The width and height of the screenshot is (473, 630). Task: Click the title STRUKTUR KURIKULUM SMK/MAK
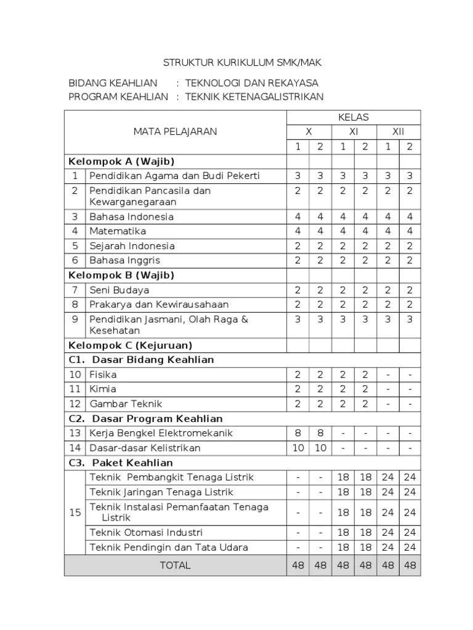tap(242, 63)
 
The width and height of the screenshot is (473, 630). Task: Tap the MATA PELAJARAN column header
tap(176, 132)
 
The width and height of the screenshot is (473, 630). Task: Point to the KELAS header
tap(354, 117)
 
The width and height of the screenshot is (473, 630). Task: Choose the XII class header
tap(398, 132)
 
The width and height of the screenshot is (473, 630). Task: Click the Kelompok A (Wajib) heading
tap(121, 161)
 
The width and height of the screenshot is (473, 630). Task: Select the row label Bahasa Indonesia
tap(131, 217)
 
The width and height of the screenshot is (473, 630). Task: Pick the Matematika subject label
tap(118, 231)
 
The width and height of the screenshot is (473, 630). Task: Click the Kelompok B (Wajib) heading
tap(121, 275)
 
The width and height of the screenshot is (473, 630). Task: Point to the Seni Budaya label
tap(119, 290)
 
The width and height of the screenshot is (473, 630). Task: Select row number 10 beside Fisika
tap(75, 374)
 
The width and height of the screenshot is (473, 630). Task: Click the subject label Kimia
tap(103, 389)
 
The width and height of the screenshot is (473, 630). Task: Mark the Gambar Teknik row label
tap(126, 404)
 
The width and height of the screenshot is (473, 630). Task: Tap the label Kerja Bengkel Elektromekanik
tap(161, 433)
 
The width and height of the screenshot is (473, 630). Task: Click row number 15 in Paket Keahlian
tap(75, 512)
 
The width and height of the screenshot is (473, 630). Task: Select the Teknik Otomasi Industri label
tap(146, 533)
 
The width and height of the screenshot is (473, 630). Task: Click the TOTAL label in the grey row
tap(176, 565)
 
